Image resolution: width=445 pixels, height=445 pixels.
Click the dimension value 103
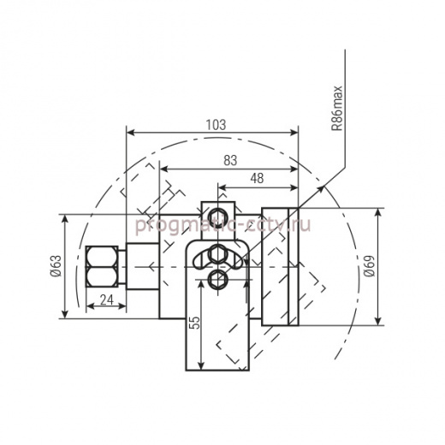tap(216, 125)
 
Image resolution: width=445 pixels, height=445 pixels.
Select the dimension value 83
tap(230, 161)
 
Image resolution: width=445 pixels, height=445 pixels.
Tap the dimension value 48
tap(257, 179)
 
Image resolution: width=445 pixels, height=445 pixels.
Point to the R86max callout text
tap(337, 108)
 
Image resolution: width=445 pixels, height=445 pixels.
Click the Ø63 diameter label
tap(56, 266)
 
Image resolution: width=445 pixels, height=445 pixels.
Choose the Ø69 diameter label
tap(370, 266)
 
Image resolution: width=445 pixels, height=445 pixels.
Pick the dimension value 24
tap(107, 300)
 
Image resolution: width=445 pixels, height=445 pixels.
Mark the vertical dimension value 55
tap(195, 323)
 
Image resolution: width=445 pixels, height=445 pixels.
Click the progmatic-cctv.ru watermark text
tap(222, 225)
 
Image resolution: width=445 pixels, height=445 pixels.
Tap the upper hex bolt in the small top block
tap(218, 216)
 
